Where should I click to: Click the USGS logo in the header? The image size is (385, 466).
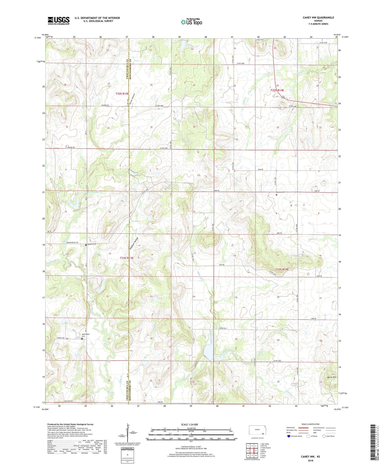click(59, 21)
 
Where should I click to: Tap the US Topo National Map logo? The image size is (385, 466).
click(191, 22)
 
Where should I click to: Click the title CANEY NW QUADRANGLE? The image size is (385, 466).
click(318, 17)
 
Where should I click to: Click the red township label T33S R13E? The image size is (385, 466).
click(127, 258)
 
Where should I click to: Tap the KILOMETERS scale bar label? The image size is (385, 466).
click(191, 428)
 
